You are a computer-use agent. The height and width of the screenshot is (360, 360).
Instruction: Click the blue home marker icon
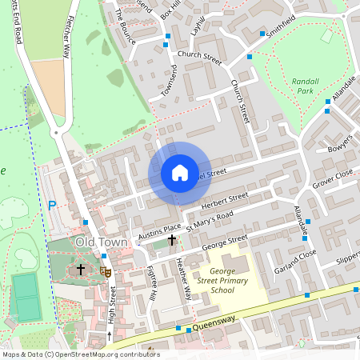(x=180, y=173)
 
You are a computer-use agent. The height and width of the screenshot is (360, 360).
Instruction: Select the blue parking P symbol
(x=53, y=205)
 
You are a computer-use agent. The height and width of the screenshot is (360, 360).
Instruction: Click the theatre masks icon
(x=105, y=271)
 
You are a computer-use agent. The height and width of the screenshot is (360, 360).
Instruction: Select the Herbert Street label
(x=226, y=202)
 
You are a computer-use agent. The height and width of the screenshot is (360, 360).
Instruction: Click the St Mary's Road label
(x=209, y=222)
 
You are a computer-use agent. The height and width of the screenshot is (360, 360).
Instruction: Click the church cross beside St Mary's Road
(x=172, y=239)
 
